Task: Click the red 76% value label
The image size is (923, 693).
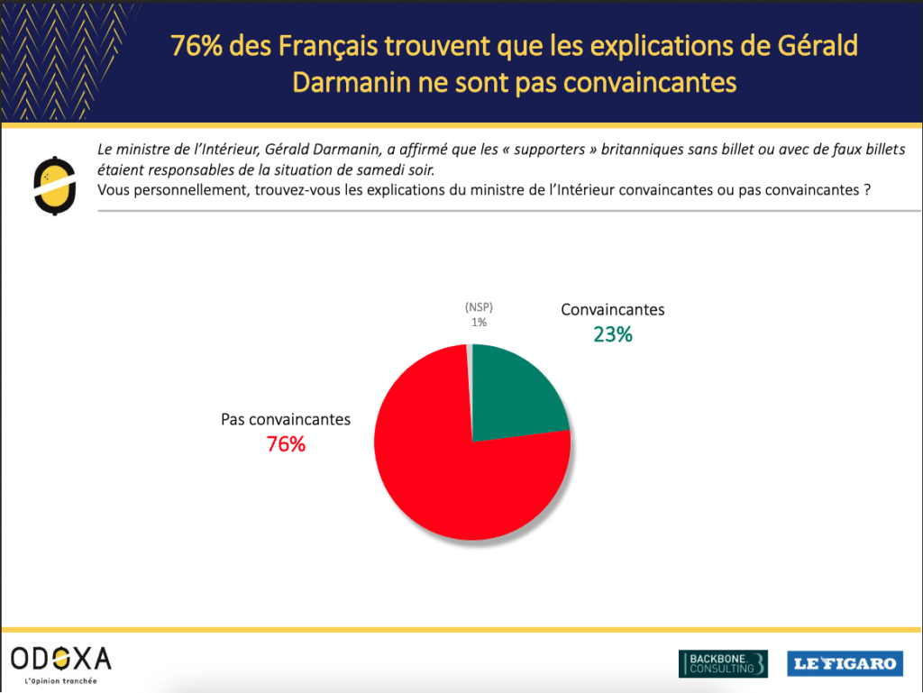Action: click(x=286, y=444)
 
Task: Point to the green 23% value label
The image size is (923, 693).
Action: click(x=613, y=334)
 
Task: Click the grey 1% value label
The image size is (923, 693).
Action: click(x=478, y=322)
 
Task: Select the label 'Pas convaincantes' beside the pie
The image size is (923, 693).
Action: click(x=286, y=419)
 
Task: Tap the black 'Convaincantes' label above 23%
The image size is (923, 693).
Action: click(x=613, y=309)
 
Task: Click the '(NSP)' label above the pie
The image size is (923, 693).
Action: click(x=478, y=307)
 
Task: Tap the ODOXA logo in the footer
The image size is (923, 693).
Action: click(x=61, y=659)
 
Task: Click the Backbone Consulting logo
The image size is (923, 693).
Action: click(x=723, y=663)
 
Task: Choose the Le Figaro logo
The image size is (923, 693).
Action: click(x=845, y=664)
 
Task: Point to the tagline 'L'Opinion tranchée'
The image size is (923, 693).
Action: click(x=61, y=681)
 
